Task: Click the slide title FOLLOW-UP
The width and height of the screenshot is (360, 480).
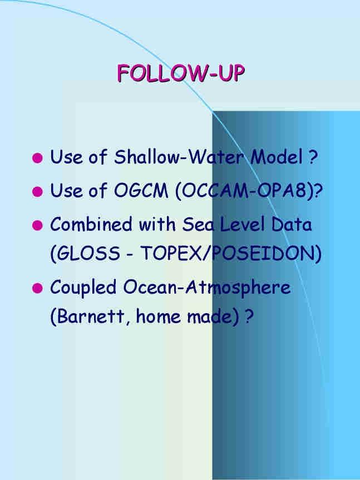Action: pyautogui.click(x=181, y=73)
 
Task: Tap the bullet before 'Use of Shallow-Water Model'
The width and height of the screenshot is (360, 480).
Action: pyautogui.click(x=37, y=158)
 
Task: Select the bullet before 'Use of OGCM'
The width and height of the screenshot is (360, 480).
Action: pyautogui.click(x=37, y=192)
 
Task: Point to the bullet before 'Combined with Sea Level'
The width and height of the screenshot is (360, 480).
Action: pyautogui.click(x=37, y=225)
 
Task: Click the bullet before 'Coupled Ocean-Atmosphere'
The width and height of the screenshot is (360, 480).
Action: pyautogui.click(x=37, y=288)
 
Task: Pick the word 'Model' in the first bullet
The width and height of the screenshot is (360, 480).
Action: pyautogui.click(x=277, y=156)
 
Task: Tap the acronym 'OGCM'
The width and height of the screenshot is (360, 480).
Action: pyautogui.click(x=141, y=190)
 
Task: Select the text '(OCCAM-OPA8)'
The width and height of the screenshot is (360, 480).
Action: pyautogui.click(x=245, y=191)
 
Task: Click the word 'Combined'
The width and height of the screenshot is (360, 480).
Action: pyautogui.click(x=91, y=224)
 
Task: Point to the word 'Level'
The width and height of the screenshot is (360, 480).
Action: pyautogui.click(x=242, y=224)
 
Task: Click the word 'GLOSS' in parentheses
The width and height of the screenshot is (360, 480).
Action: pyautogui.click(x=88, y=254)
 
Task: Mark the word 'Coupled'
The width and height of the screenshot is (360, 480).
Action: pyautogui.click(x=83, y=288)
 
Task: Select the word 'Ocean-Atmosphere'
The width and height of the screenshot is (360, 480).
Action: pyautogui.click(x=206, y=288)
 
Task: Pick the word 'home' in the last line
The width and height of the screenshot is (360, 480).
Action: pyautogui.click(x=158, y=316)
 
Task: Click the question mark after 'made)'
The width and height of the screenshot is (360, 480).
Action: pyautogui.click(x=249, y=316)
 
